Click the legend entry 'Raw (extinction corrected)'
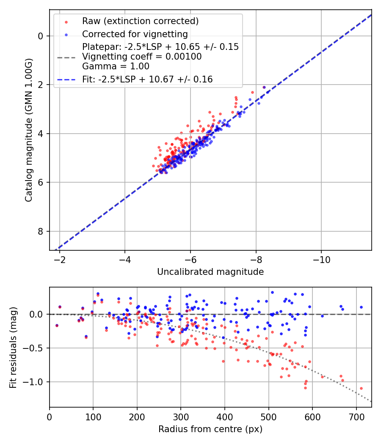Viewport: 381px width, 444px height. coord(140,21)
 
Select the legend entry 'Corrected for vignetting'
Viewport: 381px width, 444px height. coord(135,34)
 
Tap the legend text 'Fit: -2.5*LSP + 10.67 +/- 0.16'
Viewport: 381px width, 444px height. coord(147,79)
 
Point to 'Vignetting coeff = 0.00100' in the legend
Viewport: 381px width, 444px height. coord(142,56)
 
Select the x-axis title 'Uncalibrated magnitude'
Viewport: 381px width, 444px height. coord(210,272)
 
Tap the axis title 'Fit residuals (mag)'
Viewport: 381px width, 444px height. coord(13,347)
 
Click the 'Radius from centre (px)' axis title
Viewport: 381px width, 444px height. coord(210,429)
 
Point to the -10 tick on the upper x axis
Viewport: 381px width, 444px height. coord(321,259)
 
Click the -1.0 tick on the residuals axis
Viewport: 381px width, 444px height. coord(36,382)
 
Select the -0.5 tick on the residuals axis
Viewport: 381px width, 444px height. coord(36,348)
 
